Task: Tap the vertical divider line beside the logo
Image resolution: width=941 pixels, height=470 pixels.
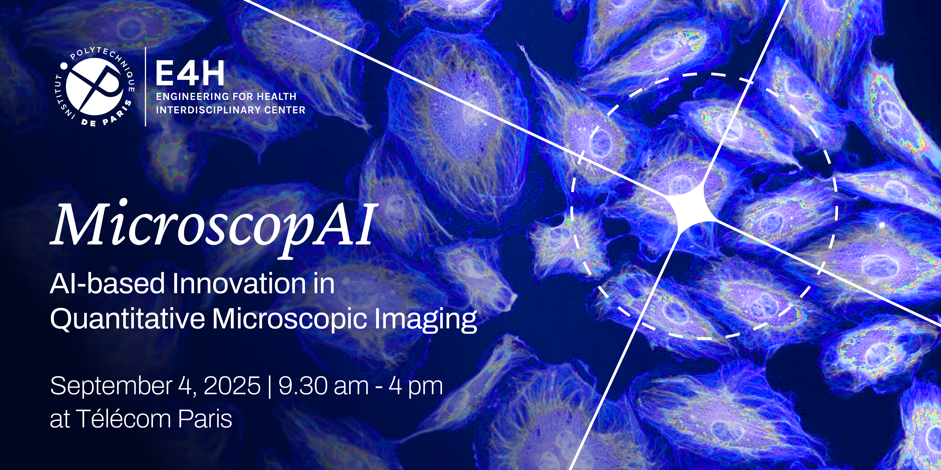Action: pos(146,87)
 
